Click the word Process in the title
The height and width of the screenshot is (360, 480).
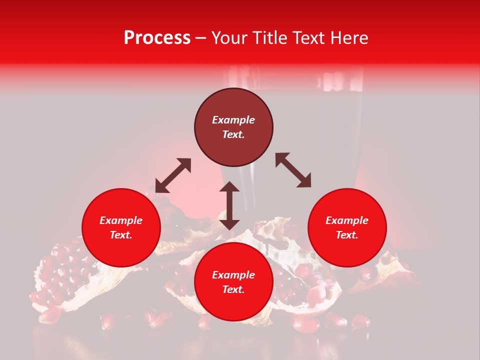[157, 38]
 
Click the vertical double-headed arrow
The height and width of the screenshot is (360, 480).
[229, 206]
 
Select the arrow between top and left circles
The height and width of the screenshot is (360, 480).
[173, 175]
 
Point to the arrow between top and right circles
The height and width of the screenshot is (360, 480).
[293, 170]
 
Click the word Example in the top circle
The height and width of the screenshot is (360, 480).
[233, 120]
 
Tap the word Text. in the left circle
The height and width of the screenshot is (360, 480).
[121, 235]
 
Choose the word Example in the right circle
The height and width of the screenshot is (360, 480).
[347, 220]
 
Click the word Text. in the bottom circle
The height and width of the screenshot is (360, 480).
[233, 289]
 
